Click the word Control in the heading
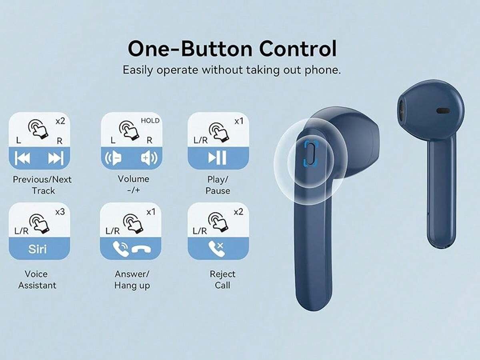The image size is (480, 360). (298, 49)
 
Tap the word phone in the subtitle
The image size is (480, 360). (323, 70)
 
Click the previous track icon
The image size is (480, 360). (22, 158)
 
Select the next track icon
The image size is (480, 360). (56, 158)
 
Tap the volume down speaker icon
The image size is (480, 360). (113, 158)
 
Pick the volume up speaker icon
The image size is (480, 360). (149, 158)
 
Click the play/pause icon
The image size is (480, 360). (217, 157)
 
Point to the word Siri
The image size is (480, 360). (37, 249)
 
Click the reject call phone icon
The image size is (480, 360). (216, 249)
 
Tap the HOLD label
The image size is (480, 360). (150, 121)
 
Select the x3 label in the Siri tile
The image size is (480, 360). (60, 212)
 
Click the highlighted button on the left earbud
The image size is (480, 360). (310, 153)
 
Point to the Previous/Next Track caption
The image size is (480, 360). (42, 185)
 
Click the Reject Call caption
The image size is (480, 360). (222, 280)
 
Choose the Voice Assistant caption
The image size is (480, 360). (37, 280)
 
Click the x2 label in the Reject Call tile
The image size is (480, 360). (238, 212)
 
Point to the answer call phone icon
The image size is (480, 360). (120, 249)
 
